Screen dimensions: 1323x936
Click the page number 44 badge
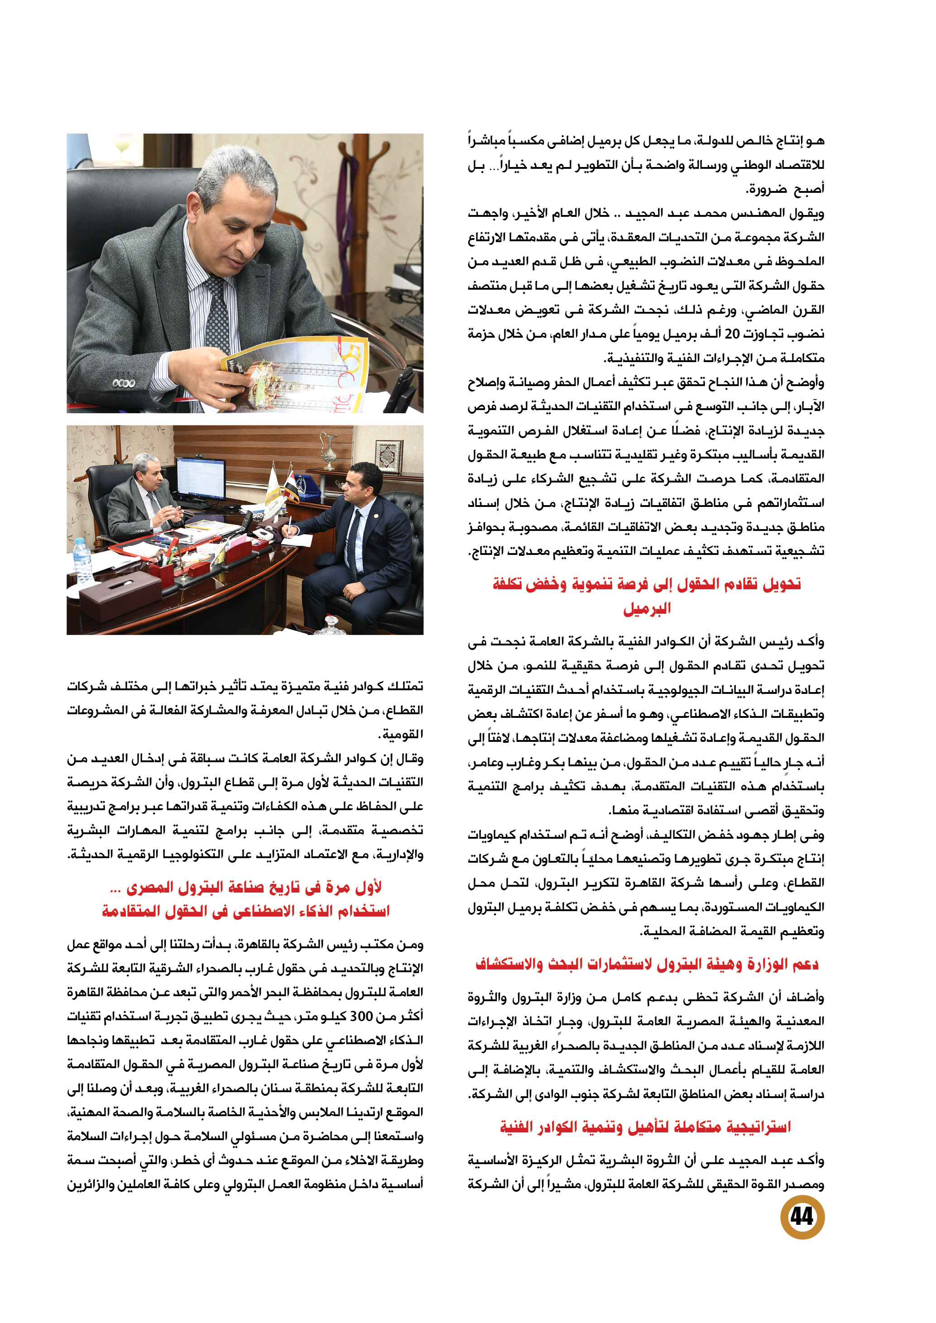pyautogui.click(x=802, y=1216)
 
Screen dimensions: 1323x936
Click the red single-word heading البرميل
pyautogui.click(x=647, y=608)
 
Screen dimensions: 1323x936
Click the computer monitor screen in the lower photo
pyautogui.click(x=200, y=478)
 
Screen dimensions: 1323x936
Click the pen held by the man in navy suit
pyautogui.click(x=290, y=523)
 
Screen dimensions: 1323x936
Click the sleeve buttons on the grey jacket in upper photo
pyautogui.click(x=123, y=383)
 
